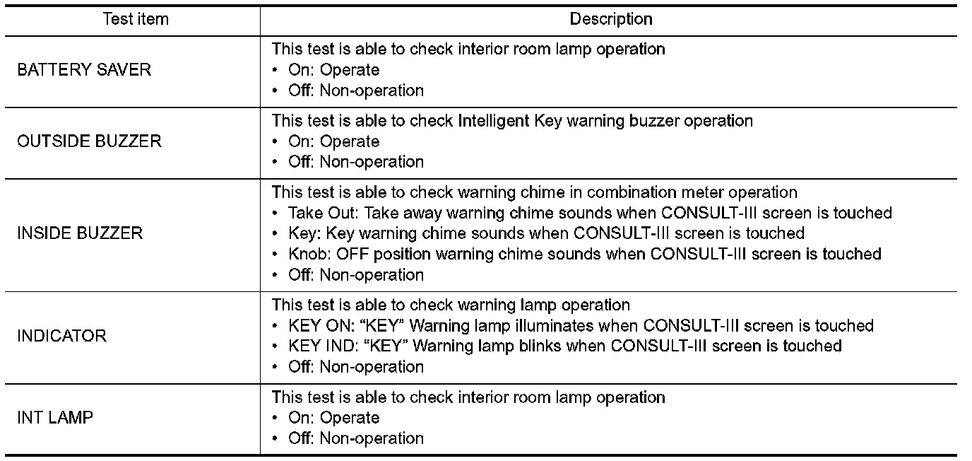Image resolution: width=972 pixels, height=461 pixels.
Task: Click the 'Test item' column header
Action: pyautogui.click(x=136, y=19)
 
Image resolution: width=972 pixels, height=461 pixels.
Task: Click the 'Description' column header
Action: pyautogui.click(x=611, y=19)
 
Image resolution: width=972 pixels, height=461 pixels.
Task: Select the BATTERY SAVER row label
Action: pyautogui.click(x=84, y=70)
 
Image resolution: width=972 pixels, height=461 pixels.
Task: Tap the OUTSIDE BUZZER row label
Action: pyautogui.click(x=89, y=141)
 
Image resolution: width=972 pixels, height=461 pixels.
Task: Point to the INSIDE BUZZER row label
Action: pyautogui.click(x=80, y=233)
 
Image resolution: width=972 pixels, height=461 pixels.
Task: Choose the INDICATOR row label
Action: pyautogui.click(x=62, y=336)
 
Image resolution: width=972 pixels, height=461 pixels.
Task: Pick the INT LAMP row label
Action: pyautogui.click(x=55, y=418)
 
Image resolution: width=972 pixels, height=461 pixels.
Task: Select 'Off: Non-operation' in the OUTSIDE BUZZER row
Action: pyautogui.click(x=355, y=162)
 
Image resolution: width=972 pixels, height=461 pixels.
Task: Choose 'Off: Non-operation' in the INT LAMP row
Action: pyautogui.click(x=355, y=438)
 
